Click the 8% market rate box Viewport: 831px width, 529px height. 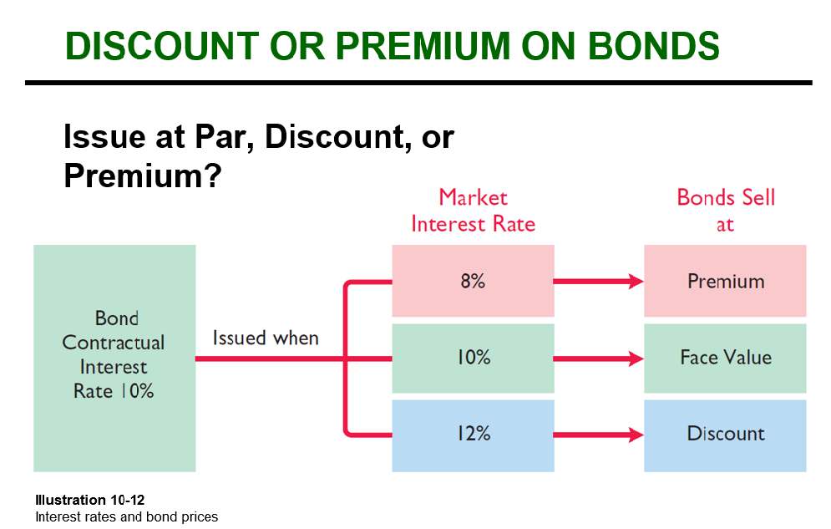473,281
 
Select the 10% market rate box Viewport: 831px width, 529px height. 473,359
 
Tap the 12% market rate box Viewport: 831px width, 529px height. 473,435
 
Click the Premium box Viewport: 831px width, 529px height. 725,281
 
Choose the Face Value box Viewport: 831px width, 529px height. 725,359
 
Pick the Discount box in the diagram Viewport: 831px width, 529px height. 725,435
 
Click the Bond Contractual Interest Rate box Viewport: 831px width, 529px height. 114,359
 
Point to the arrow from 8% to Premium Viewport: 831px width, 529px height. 599,282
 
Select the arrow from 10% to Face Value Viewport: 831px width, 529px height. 599,359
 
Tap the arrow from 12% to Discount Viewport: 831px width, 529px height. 599,435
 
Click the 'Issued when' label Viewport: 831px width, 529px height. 266,338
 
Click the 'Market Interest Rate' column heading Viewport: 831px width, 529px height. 474,211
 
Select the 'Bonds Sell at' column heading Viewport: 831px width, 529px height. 726,211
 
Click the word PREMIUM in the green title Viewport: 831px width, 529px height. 423,46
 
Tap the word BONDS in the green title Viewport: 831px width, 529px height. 653,46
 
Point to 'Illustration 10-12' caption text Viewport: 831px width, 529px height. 89,500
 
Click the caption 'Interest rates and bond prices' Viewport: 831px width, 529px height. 127,516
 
